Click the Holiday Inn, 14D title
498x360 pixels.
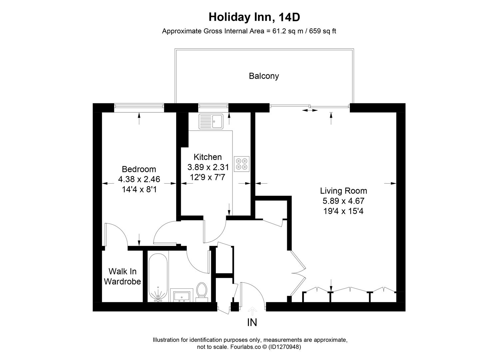(251, 17)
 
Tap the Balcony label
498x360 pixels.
(264, 76)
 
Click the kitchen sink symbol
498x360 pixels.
(211, 121)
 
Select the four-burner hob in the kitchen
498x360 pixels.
(242, 164)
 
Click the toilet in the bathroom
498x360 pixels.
(201, 291)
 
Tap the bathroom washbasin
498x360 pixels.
(182, 295)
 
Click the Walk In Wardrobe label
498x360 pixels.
(122, 277)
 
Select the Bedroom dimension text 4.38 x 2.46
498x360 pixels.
(139, 179)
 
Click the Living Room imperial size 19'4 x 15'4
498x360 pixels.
(343, 211)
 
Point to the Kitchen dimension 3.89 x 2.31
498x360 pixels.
(208, 167)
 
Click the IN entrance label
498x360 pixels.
(252, 323)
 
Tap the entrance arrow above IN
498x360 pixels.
(252, 311)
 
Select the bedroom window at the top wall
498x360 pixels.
(139, 106)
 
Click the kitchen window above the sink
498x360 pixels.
(213, 106)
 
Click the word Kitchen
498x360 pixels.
(208, 157)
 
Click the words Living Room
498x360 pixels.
(343, 191)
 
